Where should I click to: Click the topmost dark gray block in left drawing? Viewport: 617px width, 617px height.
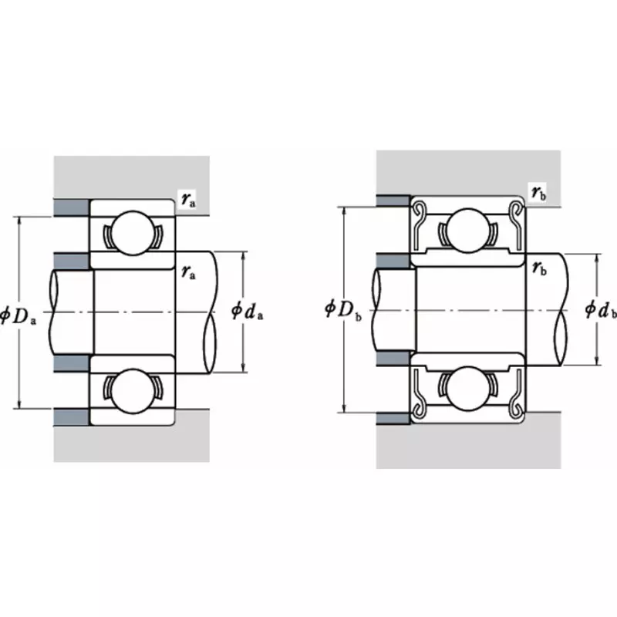[72, 207]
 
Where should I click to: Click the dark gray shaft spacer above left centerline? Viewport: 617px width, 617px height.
[72, 260]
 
